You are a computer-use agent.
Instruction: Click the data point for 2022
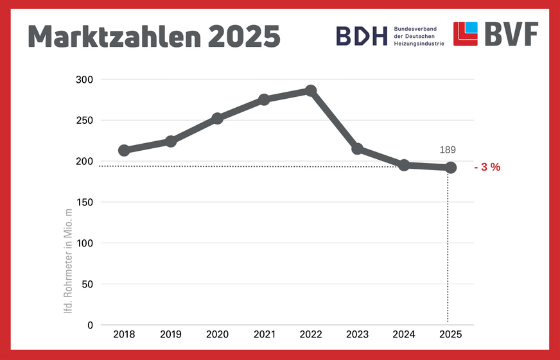coord(311,90)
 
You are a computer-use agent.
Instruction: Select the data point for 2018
coord(124,150)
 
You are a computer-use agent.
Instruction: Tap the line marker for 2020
coord(217,118)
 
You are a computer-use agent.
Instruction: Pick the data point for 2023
coord(358,149)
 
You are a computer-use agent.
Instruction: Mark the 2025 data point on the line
coord(451,167)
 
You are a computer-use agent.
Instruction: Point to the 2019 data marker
coord(171,141)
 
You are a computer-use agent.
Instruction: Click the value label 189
coord(448,150)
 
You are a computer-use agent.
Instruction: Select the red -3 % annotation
coord(487,167)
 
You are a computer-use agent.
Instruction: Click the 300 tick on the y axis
coord(85,80)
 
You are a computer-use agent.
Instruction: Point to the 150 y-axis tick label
coord(85,202)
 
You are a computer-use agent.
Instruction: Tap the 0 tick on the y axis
coord(91,325)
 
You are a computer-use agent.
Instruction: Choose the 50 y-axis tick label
coord(88,284)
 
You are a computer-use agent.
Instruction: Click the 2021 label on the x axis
coord(264,334)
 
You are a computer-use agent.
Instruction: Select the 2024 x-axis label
coord(404,334)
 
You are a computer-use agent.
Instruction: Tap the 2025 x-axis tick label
coord(451,334)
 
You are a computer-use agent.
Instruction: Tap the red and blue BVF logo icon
coord(466,34)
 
